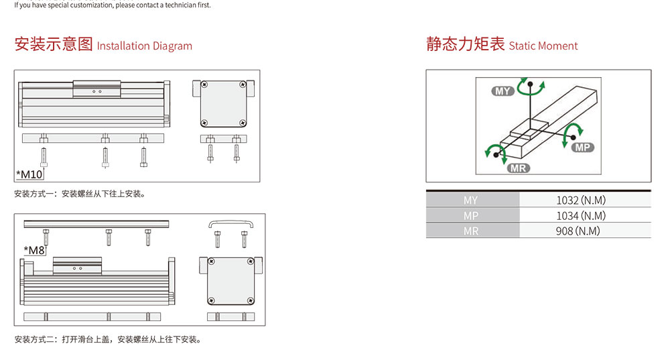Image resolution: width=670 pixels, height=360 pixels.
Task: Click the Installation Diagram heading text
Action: point(145,46)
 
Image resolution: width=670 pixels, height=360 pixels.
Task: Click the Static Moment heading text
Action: point(543,46)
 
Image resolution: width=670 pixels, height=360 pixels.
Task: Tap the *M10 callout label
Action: point(29,174)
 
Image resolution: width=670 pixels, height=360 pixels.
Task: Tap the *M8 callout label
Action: point(34,250)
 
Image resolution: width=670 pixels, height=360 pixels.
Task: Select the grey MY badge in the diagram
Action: point(503,91)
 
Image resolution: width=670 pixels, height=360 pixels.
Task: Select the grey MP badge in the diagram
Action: point(583,147)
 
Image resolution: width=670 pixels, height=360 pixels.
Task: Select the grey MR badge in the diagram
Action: point(519,168)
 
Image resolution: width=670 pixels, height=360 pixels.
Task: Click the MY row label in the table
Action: point(470,200)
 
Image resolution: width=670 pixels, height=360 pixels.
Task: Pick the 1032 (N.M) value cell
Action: point(581,200)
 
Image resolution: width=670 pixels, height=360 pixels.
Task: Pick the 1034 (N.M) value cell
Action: point(581,215)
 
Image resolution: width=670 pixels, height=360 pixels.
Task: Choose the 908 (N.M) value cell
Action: point(578,231)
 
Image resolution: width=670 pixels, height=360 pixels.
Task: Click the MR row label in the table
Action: point(471,231)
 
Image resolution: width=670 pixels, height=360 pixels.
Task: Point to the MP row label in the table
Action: point(471,216)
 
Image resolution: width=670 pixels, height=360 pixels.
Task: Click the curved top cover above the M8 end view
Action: point(230,221)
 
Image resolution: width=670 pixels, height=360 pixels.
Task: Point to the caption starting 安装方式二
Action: point(109,339)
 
